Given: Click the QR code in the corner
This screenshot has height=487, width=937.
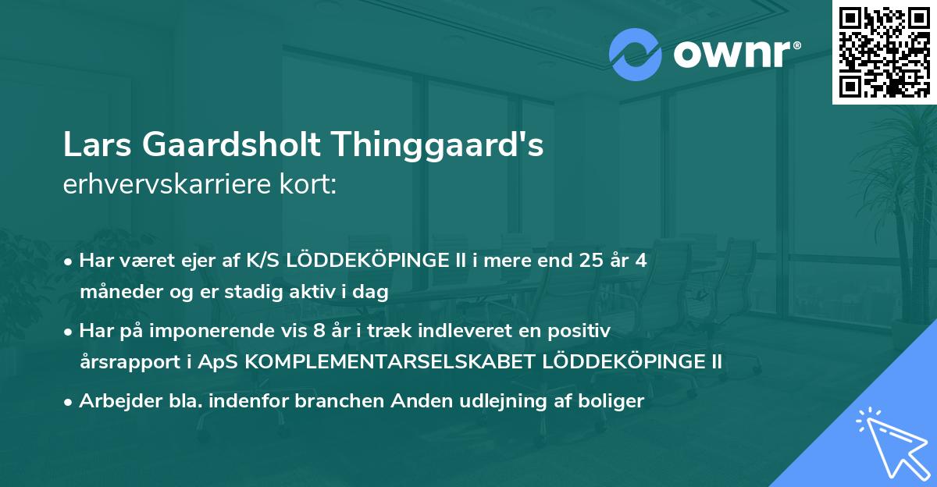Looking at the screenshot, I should tap(883, 52).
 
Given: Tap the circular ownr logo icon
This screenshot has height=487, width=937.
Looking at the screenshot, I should tap(636, 54).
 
